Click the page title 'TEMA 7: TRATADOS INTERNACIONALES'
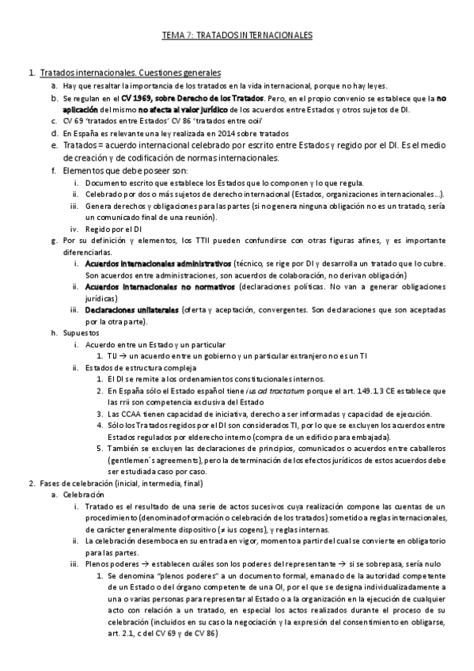click(x=237, y=36)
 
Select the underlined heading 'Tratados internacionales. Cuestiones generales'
click(x=130, y=73)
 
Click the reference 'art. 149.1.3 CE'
click(x=373, y=391)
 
